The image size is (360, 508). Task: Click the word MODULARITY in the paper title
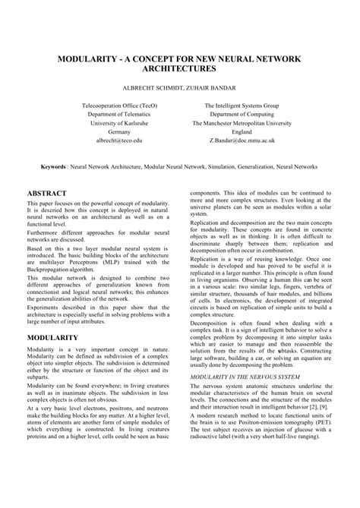(x=84, y=57)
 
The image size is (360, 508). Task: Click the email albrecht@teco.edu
(x=118, y=140)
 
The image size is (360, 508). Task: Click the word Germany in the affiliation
(x=118, y=131)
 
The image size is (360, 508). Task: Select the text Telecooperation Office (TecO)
(x=118, y=103)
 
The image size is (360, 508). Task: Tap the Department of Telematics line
(x=118, y=112)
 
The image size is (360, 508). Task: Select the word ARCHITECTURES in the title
(x=179, y=69)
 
